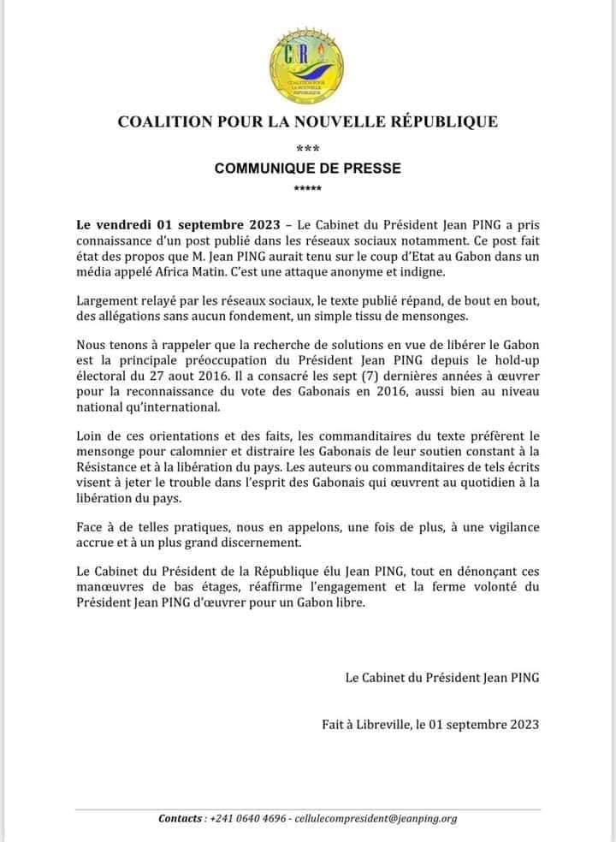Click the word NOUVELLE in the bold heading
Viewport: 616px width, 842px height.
(338, 122)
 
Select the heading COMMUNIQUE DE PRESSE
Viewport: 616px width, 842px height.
(307, 169)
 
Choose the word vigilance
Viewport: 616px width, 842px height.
(510, 528)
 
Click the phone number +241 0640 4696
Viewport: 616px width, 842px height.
(247, 819)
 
